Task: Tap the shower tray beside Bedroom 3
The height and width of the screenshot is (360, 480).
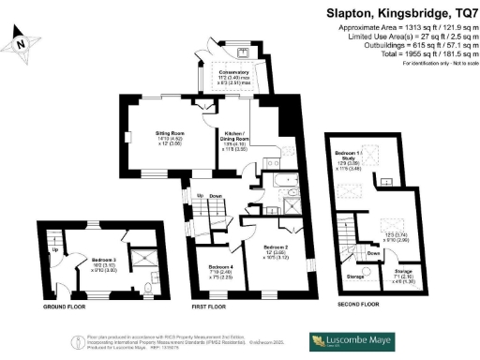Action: (x=142, y=254)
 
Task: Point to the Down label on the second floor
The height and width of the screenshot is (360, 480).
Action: (x=373, y=252)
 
